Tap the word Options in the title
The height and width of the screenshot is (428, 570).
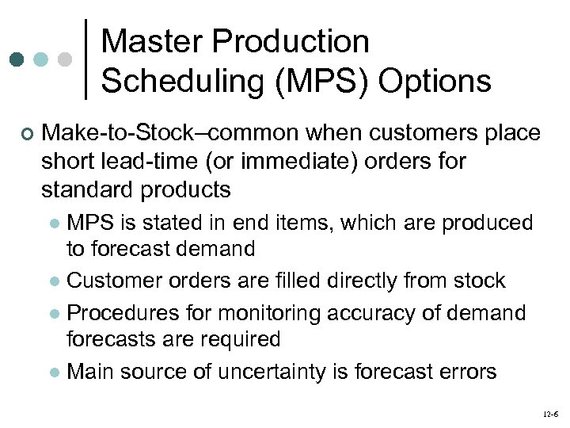point(437,80)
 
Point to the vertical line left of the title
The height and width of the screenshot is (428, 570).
point(85,59)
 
